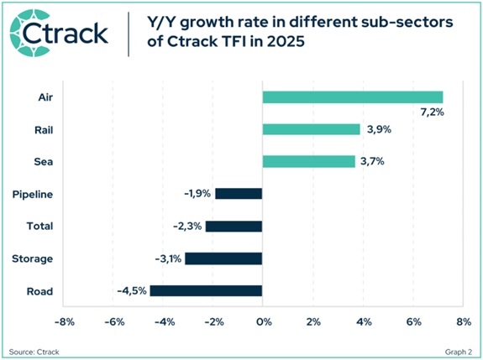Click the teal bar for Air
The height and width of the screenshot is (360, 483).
tap(352, 97)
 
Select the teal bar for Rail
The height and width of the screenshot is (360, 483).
tap(311, 129)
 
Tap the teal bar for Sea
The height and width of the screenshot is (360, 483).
tap(308, 161)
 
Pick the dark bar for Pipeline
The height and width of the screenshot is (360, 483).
tap(239, 194)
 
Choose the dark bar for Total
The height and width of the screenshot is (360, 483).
tap(234, 226)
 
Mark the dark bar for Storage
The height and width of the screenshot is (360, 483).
tap(223, 258)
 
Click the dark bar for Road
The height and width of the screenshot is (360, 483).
tap(206, 291)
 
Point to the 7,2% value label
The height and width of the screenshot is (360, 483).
tap(430, 112)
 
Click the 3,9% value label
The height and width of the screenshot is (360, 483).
tap(378, 129)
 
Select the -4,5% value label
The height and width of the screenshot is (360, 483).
tap(132, 291)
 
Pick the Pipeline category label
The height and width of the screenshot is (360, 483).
tap(34, 194)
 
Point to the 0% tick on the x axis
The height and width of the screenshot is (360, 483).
tap(263, 321)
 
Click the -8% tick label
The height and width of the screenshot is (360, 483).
tap(65, 321)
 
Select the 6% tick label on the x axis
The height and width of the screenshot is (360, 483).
tap(412, 321)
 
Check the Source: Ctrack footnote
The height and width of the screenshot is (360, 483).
tap(32, 349)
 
